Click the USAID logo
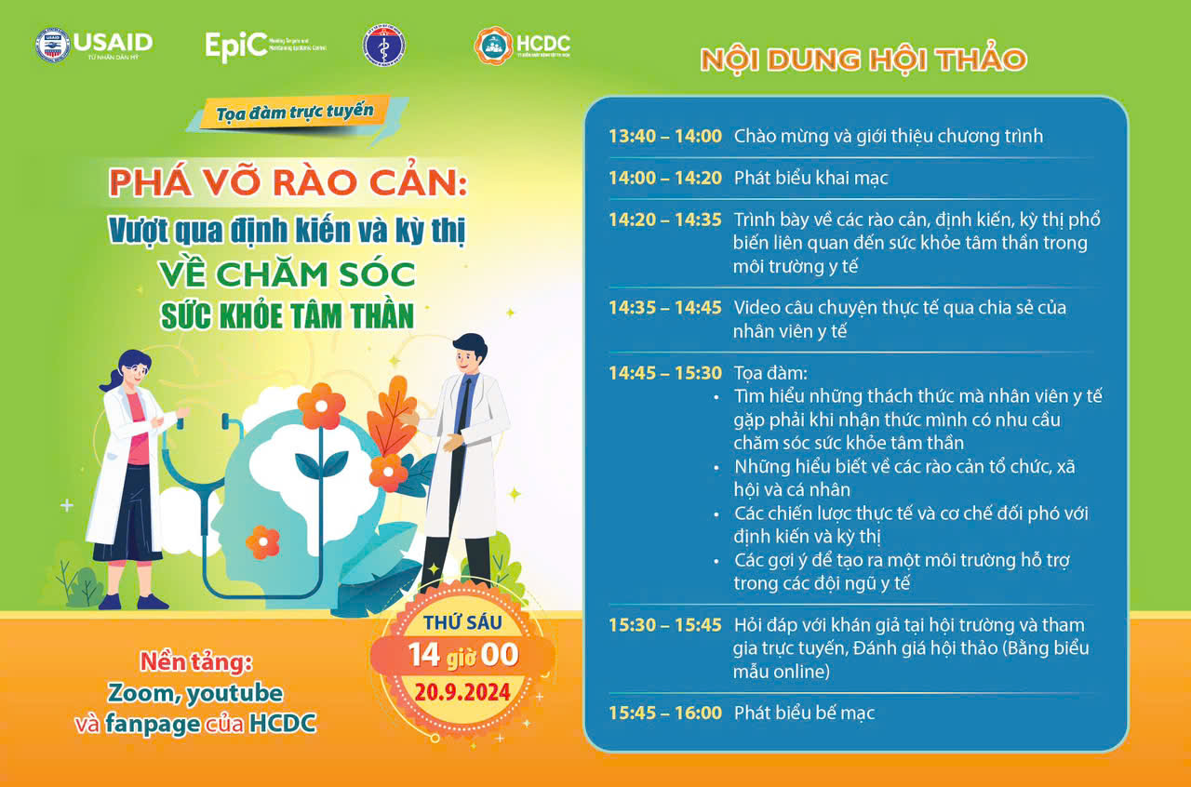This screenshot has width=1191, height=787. click(94, 46)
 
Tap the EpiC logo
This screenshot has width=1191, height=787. click(266, 47)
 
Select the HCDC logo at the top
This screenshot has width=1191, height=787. click(522, 46)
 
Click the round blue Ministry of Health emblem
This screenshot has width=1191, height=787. click(384, 46)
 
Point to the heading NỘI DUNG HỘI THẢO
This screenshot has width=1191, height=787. click(863, 60)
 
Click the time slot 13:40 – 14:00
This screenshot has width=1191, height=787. click(665, 136)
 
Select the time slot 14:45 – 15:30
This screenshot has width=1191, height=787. click(665, 373)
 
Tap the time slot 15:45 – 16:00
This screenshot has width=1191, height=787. click(665, 713)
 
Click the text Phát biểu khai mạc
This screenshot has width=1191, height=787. click(810, 178)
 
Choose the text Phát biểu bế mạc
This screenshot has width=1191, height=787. click(804, 713)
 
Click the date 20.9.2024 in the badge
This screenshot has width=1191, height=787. click(462, 692)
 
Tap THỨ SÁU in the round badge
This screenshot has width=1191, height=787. click(462, 622)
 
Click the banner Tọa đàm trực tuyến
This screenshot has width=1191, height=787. click(295, 113)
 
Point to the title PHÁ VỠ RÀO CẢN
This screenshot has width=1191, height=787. click(288, 182)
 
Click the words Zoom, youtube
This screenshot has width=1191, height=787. click(195, 693)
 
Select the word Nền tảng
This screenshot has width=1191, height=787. click(196, 662)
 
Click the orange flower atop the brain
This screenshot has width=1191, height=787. click(321, 407)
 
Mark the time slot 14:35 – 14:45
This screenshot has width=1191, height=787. click(665, 307)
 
